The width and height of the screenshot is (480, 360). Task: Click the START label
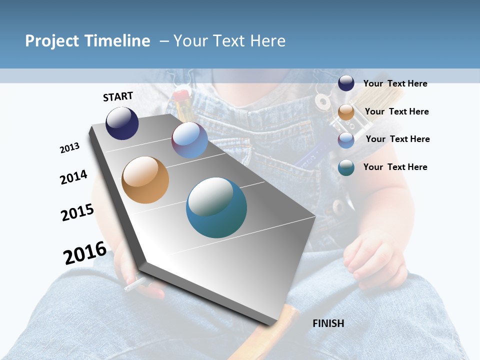(x=118, y=96)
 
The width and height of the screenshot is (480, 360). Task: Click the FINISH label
(x=328, y=323)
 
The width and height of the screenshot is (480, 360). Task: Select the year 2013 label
(x=69, y=148)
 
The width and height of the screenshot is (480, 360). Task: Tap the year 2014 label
(x=73, y=177)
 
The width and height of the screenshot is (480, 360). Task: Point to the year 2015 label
(x=77, y=212)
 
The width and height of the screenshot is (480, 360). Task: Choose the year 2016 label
(x=85, y=252)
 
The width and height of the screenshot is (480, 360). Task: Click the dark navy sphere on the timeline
(x=122, y=123)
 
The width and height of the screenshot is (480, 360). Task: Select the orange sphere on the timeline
(x=145, y=180)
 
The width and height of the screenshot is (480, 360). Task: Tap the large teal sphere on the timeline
(x=216, y=207)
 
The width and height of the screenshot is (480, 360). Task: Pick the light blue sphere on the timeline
(x=189, y=140)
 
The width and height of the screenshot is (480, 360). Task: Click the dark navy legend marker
(x=346, y=83)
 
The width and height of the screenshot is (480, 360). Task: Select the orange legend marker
(x=346, y=111)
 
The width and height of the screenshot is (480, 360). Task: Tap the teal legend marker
(x=346, y=167)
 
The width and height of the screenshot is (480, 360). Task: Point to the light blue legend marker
(x=346, y=139)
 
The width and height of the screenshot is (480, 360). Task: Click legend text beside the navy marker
(x=395, y=84)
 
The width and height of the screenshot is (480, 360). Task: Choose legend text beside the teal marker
(x=395, y=167)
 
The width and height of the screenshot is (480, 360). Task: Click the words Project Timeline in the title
(x=87, y=41)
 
